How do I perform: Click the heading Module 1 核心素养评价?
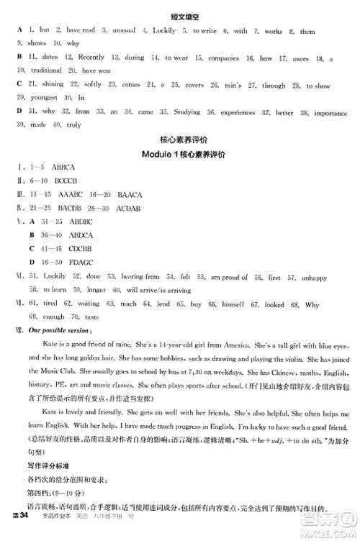coord(180,154)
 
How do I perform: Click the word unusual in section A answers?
coord(121,30)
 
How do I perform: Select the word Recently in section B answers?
coord(91,57)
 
